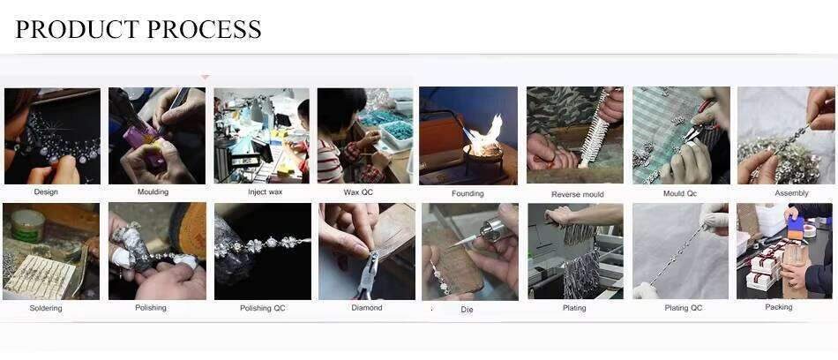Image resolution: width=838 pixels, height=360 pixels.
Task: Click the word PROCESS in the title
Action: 203,29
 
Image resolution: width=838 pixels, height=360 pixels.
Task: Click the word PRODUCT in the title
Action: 77,29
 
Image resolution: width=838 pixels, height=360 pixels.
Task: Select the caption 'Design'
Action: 46,191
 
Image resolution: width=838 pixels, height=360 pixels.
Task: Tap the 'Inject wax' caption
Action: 266,191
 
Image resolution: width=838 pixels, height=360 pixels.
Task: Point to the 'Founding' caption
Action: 468,193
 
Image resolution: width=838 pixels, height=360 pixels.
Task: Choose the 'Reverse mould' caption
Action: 577,194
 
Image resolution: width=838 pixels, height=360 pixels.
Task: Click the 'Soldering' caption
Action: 46,308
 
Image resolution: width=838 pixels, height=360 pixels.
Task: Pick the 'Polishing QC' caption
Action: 262,308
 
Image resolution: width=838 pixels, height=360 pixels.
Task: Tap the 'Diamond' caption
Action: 367,308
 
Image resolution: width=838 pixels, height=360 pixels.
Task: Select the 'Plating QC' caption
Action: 683,308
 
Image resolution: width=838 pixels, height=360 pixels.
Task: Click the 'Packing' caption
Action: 778,307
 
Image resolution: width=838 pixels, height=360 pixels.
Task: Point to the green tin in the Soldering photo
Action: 28,226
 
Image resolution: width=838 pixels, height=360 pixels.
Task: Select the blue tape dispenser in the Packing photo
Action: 796,227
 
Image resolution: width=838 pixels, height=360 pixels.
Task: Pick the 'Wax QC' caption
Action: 358,191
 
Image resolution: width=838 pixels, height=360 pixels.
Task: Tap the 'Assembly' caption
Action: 791,193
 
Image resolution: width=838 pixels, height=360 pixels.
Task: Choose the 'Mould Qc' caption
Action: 680,193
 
